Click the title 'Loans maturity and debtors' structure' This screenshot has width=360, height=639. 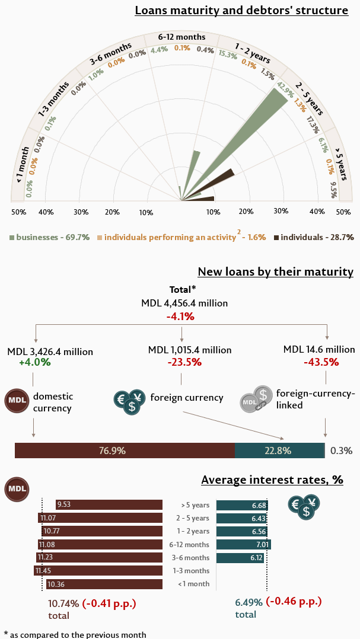(x=241, y=10)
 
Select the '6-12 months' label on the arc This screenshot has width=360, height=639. (x=181, y=37)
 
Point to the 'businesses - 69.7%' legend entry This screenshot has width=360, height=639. (x=49, y=237)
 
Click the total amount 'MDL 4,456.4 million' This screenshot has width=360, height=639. (x=184, y=303)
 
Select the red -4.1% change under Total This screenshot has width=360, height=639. (x=181, y=316)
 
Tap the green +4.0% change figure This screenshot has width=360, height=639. (x=35, y=362)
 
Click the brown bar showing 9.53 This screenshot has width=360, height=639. (x=109, y=505)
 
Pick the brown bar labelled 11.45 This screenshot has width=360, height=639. (x=98, y=571)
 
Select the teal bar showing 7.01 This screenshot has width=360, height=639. (x=243, y=545)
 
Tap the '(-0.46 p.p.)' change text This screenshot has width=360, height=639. (x=294, y=601)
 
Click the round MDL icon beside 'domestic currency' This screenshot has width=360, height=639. (x=16, y=402)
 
